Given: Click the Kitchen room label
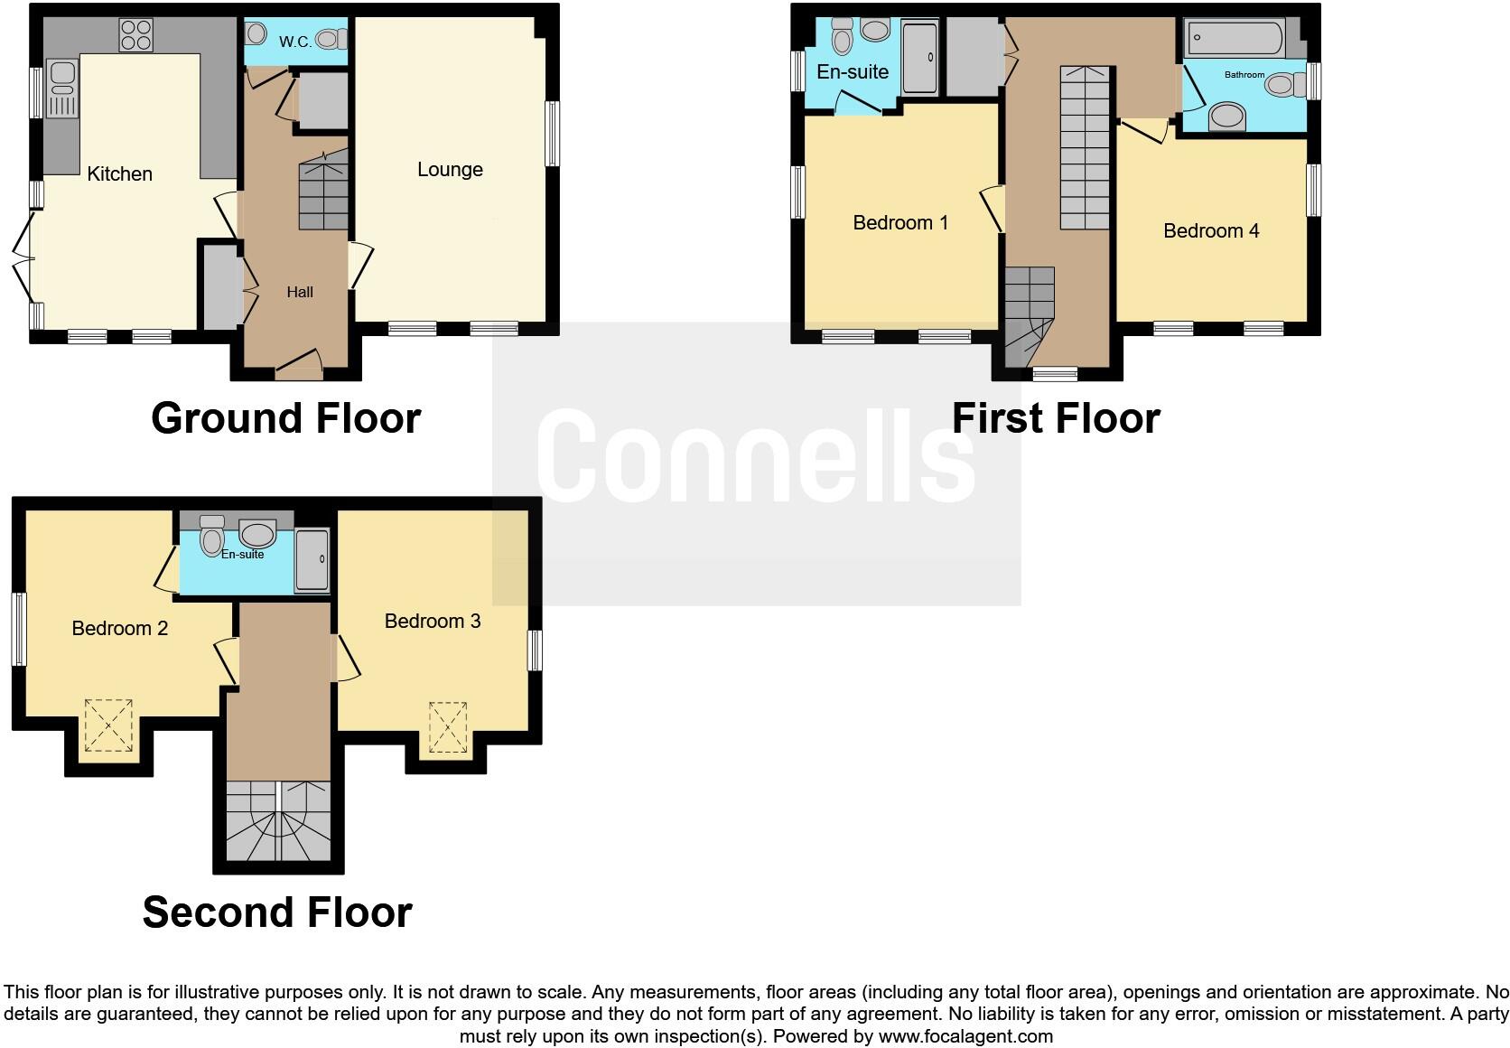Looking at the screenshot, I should (x=119, y=173).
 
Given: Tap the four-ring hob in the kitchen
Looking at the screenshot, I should (x=135, y=34).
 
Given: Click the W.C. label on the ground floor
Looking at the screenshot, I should (x=295, y=41).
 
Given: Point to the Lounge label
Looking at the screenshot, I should (x=450, y=169).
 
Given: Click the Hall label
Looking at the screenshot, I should (x=300, y=292).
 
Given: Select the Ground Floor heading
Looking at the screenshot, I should (x=285, y=418).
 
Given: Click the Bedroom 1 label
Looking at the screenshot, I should (x=900, y=222).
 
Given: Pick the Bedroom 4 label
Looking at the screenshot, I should (x=1211, y=230).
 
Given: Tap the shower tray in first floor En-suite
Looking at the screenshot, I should (x=920, y=59).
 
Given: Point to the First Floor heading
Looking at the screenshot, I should (x=1056, y=418).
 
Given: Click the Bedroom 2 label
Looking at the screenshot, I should (x=120, y=628).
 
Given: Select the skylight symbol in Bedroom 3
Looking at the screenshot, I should (x=448, y=727).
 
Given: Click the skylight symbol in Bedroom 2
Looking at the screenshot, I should (x=108, y=725).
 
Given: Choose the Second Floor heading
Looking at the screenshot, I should (x=277, y=912).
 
